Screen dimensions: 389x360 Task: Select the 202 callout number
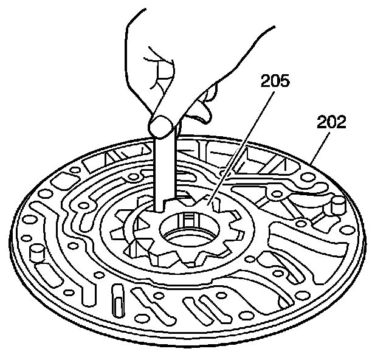[331, 123]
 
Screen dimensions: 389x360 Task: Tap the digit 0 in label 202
[331, 123]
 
